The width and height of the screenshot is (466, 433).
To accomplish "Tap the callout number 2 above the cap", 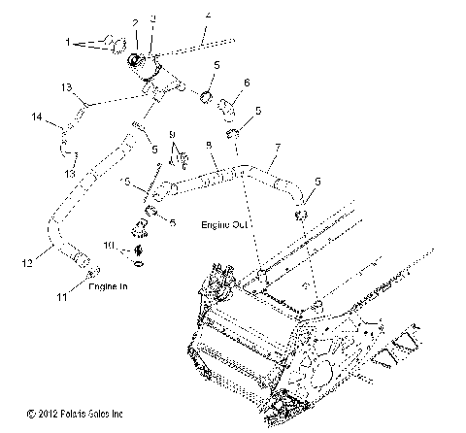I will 135,21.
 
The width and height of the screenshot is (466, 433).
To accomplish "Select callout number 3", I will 152,19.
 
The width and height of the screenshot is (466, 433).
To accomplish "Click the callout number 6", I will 247,83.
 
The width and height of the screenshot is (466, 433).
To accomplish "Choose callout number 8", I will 209,146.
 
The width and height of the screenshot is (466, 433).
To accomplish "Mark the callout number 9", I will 172,133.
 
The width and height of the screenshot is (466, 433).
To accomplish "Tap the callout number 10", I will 111,244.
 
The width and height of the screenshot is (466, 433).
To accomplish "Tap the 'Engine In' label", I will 110,288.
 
